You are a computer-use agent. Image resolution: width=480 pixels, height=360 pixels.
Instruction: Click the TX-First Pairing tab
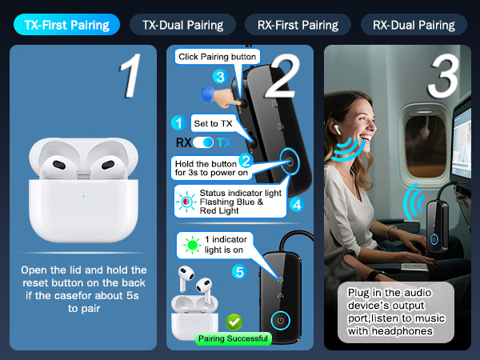point(66,24)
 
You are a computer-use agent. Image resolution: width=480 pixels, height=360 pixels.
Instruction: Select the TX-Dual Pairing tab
point(182,24)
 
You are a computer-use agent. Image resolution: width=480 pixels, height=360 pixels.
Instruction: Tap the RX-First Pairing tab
point(298,24)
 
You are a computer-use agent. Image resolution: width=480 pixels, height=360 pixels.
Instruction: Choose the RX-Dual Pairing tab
point(414,24)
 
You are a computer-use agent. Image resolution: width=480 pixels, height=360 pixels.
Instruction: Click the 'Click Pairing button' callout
point(217,57)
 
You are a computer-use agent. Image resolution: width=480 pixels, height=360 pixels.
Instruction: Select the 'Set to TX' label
point(213,123)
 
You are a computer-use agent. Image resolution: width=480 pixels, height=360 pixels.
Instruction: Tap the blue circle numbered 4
point(297,204)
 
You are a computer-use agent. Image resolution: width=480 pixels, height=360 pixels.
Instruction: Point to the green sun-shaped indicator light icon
point(190,245)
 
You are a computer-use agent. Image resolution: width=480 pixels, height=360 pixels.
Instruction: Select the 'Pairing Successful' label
point(233,338)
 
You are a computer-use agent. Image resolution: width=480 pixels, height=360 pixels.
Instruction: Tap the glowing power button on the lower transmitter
point(280,322)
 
